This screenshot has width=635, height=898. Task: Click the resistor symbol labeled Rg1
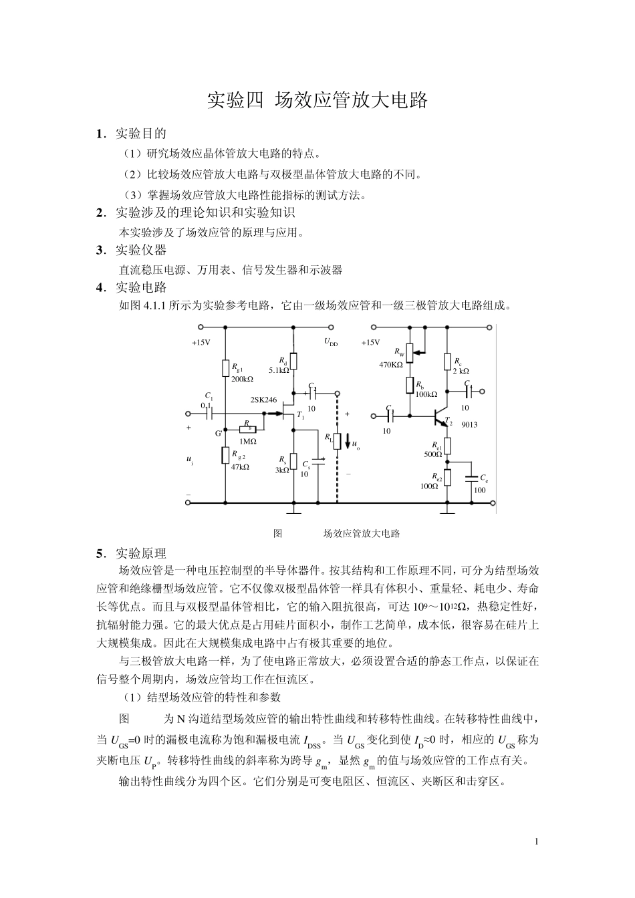tap(225, 368)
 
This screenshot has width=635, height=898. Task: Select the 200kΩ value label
tap(242, 379)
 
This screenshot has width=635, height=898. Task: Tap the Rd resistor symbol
tap(293, 361)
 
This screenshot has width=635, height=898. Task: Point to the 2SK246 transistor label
tap(263, 400)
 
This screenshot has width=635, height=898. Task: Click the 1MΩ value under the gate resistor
tap(247, 441)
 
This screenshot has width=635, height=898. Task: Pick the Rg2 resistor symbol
tap(225, 456)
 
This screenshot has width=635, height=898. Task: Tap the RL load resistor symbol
tap(338, 441)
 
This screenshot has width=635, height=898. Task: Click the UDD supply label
tap(331, 342)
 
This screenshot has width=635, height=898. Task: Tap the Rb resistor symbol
tap(410, 386)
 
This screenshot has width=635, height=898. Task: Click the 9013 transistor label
tap(470, 424)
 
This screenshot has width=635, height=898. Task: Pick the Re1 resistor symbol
tap(449, 445)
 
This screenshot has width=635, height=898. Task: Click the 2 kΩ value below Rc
tap(461, 370)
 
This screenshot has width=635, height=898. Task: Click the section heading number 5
tap(100, 553)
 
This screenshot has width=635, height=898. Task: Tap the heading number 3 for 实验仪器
tap(100, 251)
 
